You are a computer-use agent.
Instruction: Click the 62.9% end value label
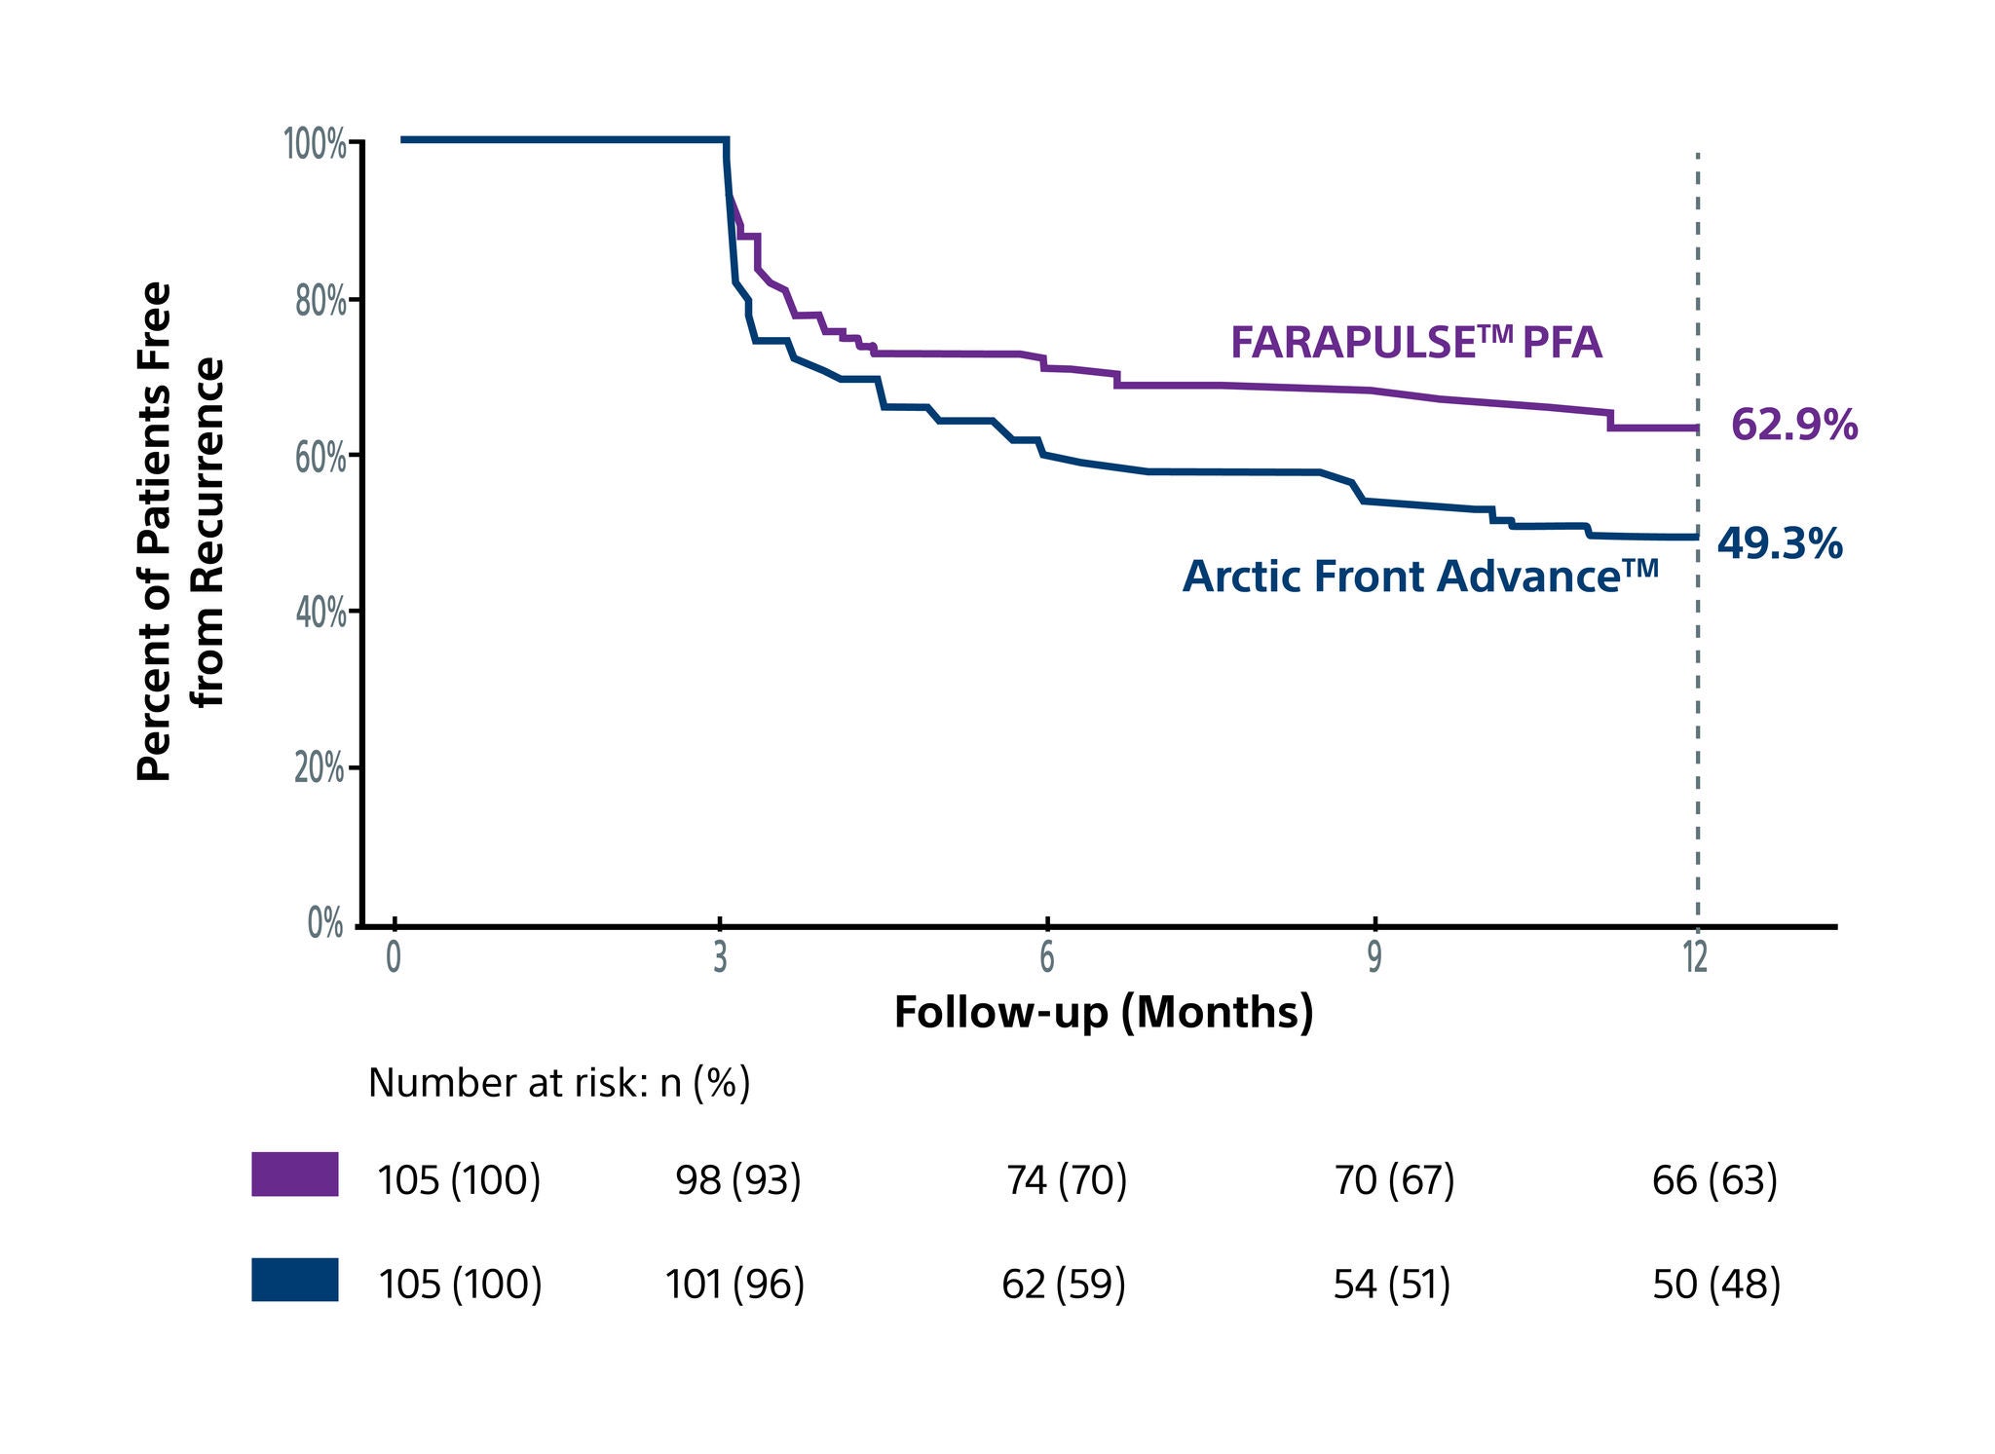(x=1793, y=426)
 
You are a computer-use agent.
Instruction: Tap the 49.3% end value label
(x=1779, y=543)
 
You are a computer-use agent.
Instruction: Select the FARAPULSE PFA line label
(x=1415, y=342)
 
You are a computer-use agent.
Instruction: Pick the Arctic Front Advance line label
(x=1419, y=576)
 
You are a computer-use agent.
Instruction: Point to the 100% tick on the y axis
(x=316, y=145)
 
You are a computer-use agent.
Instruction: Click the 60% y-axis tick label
(x=320, y=458)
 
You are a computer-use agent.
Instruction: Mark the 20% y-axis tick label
(x=320, y=769)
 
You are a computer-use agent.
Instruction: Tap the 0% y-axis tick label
(x=325, y=923)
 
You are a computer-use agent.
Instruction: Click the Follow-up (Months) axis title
(x=1103, y=1012)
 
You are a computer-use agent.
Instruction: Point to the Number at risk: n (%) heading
(x=559, y=1083)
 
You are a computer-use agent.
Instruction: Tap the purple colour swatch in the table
(x=295, y=1174)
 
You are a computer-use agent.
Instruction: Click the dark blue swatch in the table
(x=295, y=1279)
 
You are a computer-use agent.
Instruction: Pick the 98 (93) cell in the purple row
(x=738, y=1180)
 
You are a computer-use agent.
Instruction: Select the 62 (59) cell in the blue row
(x=1063, y=1285)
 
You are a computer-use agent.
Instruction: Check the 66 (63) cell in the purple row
(x=1714, y=1180)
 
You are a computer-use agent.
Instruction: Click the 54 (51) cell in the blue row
(x=1391, y=1285)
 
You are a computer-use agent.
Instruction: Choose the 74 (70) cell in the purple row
(x=1066, y=1180)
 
